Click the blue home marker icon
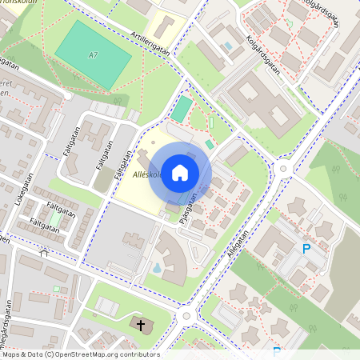tap(180, 173)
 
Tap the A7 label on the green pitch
tap(94, 54)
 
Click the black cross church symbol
tap(142, 325)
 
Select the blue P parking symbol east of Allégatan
tap(306, 250)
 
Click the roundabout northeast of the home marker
tap(282, 168)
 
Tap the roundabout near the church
tap(186, 315)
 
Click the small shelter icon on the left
tap(44, 253)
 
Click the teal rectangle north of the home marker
tap(182, 109)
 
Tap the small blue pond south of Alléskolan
tap(158, 266)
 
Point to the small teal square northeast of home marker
tap(210, 144)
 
